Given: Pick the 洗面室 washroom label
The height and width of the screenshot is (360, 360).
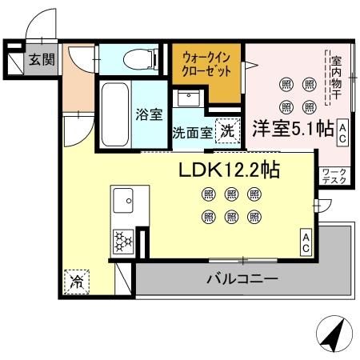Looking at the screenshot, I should (x=192, y=133).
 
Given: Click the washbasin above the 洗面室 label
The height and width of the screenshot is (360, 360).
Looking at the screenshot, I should (x=190, y=99).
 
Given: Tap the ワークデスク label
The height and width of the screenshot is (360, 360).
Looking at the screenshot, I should (x=334, y=177).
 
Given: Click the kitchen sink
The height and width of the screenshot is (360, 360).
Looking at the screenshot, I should (x=124, y=199).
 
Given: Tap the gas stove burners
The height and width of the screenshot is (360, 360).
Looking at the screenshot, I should (x=123, y=241).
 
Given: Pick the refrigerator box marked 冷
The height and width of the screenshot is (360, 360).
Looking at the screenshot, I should (x=77, y=281).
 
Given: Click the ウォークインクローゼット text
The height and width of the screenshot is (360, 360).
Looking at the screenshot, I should (x=206, y=65).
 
